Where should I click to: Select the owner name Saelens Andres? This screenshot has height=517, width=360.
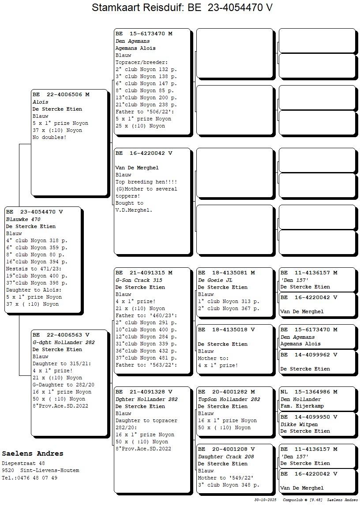click(x=32, y=453)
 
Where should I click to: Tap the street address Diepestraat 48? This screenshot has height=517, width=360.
click(x=23, y=463)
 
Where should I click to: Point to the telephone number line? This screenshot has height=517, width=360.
click(x=30, y=478)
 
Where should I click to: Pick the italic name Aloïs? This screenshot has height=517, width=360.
click(x=40, y=102)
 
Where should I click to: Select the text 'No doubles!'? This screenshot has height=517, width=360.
click(x=49, y=137)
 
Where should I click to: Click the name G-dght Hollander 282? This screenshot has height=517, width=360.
click(x=64, y=342)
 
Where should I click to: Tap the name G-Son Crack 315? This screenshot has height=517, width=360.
click(x=139, y=280)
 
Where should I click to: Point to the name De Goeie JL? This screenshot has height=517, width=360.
click(x=215, y=280)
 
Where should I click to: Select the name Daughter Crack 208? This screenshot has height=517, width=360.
click(x=226, y=457)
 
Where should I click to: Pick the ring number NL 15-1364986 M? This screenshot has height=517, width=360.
click(x=309, y=392)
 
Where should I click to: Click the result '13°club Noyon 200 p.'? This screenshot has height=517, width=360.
click(x=146, y=97)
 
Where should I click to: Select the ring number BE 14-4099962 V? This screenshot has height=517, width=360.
click(x=309, y=355)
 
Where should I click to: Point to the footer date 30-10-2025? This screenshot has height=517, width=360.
click(x=265, y=500)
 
